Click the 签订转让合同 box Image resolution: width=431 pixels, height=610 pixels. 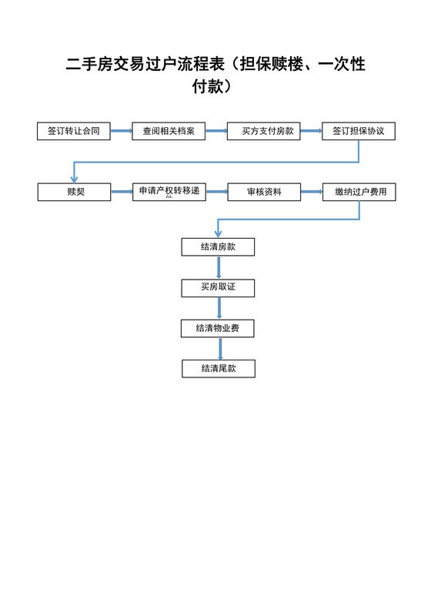(x=74, y=131)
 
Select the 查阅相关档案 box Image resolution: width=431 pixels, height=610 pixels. (x=169, y=131)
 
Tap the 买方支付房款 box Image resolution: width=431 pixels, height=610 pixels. (x=263, y=131)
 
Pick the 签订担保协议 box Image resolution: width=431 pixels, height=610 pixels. (x=359, y=131)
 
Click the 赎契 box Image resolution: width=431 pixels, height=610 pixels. (x=74, y=192)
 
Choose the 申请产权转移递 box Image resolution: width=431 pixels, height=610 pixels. (x=169, y=192)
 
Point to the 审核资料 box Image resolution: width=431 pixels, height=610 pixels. (x=263, y=192)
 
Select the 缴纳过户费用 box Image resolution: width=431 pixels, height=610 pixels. (x=359, y=192)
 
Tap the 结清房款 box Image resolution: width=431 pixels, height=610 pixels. (x=218, y=247)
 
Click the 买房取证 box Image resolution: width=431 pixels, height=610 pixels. (x=218, y=287)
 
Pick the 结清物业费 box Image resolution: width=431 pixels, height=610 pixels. (x=218, y=328)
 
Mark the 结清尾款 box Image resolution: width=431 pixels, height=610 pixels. (x=218, y=368)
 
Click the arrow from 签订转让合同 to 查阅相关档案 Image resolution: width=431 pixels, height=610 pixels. (x=121, y=131)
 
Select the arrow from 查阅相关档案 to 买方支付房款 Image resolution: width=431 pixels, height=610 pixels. (x=215, y=131)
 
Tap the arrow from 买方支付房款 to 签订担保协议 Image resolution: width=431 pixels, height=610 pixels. (x=311, y=131)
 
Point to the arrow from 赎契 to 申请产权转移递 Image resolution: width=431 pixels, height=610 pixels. (x=121, y=192)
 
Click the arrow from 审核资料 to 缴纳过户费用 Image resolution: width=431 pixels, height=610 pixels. (x=311, y=192)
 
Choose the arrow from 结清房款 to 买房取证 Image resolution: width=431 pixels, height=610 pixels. (x=219, y=267)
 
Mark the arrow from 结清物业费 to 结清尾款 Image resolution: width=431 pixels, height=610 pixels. (x=219, y=348)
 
